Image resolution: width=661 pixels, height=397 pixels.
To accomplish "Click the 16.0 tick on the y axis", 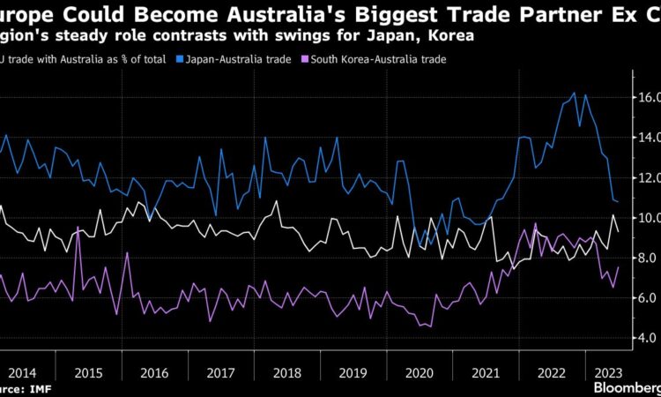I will [645, 96].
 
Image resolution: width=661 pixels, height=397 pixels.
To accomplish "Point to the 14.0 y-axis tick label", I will [645, 137].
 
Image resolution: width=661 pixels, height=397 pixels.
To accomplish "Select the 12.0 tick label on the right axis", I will [645, 177].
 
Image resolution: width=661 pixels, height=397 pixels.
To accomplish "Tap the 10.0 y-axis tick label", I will [645, 217].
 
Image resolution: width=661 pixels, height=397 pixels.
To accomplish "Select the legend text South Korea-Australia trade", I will [376, 58].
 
